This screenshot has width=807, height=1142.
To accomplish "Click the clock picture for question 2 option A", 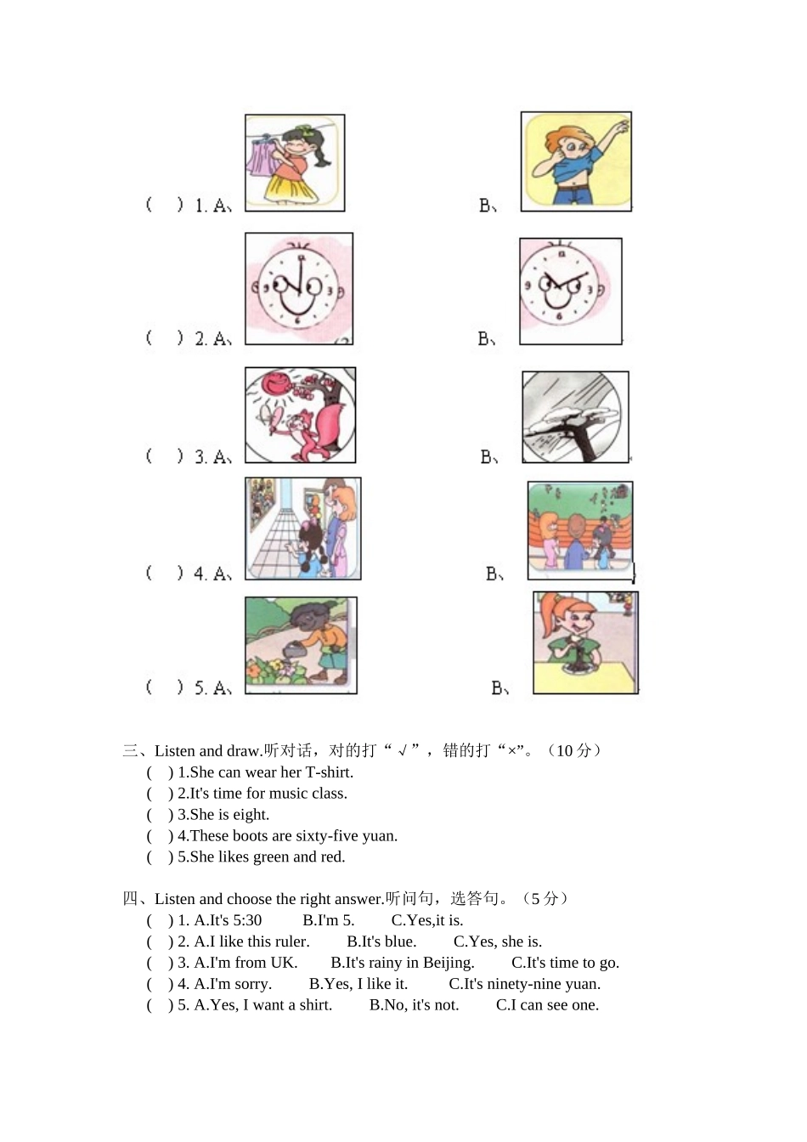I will point(299,289).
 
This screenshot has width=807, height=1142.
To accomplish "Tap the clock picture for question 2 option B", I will point(570,291).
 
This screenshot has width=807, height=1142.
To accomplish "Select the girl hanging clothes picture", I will point(295,162).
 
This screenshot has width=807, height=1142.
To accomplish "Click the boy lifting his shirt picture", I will point(576,161).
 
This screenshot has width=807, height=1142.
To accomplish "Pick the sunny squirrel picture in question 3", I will point(300,415).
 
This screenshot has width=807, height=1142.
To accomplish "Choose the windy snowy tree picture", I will point(575,416).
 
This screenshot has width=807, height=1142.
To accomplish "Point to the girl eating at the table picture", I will point(585,642).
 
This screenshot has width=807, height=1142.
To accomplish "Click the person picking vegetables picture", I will point(301,645).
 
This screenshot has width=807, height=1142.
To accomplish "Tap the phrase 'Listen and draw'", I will point(206,751).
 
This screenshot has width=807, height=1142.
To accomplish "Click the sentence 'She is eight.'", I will point(223,815).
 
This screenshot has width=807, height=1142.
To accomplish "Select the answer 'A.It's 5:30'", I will point(228,920).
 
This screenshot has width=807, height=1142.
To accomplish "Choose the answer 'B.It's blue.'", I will point(381,941).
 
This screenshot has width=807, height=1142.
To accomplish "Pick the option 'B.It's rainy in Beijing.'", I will point(402,963).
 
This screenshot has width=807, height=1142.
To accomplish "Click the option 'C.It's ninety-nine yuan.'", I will point(524,984).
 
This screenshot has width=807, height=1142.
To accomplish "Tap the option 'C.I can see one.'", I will point(547,1005).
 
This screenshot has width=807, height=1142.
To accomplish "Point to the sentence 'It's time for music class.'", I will point(262,794).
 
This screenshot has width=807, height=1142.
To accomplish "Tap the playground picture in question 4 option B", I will point(580,531).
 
